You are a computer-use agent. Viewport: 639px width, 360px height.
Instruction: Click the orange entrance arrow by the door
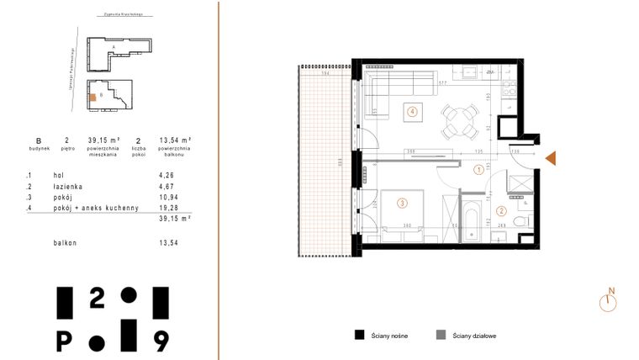pyautogui.click(x=551, y=158)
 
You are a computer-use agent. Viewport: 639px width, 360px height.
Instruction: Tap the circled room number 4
pyautogui.click(x=412, y=110)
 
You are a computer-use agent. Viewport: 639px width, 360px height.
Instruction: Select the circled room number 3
pyautogui.click(x=403, y=202)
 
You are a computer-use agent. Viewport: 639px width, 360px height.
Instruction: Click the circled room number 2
pyautogui.click(x=500, y=211)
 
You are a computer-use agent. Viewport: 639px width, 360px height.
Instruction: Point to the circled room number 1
pyautogui.click(x=478, y=169)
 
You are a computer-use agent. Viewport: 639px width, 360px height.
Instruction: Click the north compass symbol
pyautogui.click(x=609, y=301)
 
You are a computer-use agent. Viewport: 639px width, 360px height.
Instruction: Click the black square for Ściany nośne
pyautogui.click(x=359, y=335)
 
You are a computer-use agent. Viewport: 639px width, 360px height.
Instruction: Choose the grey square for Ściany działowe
pyautogui.click(x=440, y=335)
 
